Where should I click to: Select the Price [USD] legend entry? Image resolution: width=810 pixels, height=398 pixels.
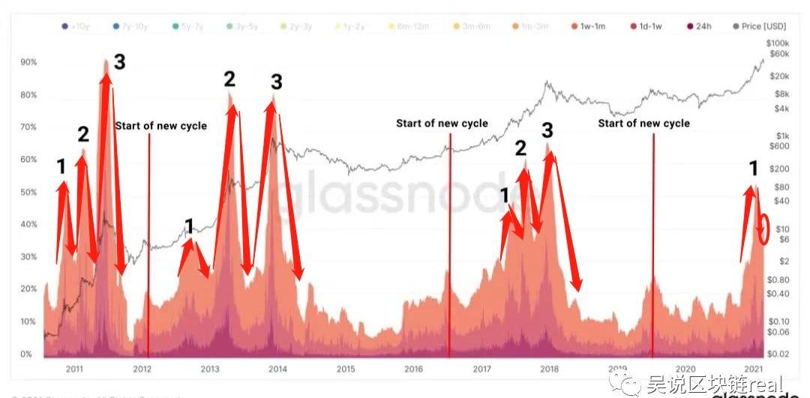point(760,26)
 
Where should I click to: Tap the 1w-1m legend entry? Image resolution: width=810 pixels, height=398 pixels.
point(590,26)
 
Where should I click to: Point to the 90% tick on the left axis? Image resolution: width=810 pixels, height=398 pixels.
point(29,62)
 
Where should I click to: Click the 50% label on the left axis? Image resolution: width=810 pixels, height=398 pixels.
point(29,192)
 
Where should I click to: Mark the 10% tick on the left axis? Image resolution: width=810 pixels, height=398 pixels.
point(29,322)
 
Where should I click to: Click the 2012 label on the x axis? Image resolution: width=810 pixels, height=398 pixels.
point(142,369)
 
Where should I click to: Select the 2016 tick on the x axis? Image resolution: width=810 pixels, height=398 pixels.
point(413,369)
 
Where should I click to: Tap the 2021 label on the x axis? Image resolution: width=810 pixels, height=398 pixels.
point(753,369)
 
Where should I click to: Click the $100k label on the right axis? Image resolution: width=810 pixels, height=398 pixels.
point(779,43)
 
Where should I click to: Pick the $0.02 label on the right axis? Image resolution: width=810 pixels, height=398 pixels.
point(778,352)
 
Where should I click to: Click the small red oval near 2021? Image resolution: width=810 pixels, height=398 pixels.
point(764,229)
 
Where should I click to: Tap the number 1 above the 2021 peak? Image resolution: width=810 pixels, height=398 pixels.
point(754,169)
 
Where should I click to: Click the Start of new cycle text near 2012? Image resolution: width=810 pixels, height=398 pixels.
point(160,126)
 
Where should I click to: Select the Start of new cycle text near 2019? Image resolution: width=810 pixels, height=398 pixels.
point(643,123)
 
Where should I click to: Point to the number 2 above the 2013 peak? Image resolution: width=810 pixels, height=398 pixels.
point(229,79)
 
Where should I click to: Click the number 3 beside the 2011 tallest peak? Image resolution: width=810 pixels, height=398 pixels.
point(118,62)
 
